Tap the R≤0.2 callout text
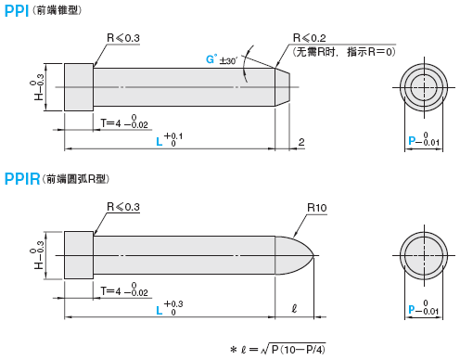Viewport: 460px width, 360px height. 310,38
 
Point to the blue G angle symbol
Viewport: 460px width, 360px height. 211,59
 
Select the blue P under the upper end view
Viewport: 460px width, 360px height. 412,141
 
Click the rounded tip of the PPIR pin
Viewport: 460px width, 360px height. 297,255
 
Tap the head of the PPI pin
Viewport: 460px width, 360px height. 79,86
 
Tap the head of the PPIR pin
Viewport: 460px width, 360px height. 79,255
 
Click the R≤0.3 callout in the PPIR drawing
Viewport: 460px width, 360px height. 123,208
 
